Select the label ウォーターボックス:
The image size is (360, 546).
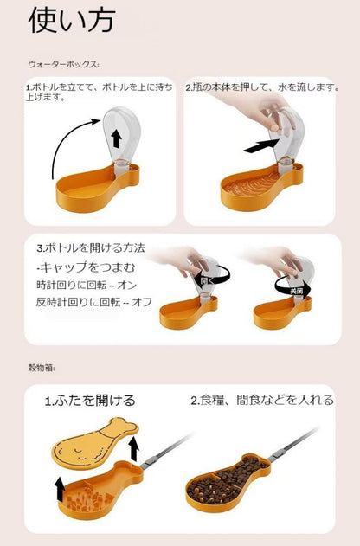[x=64, y=64]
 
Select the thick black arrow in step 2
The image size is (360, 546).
[x=261, y=145]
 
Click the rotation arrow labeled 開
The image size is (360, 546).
[x=208, y=278]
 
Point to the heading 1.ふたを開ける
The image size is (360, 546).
[x=90, y=401]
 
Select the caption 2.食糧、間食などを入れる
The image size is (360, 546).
[x=261, y=400]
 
